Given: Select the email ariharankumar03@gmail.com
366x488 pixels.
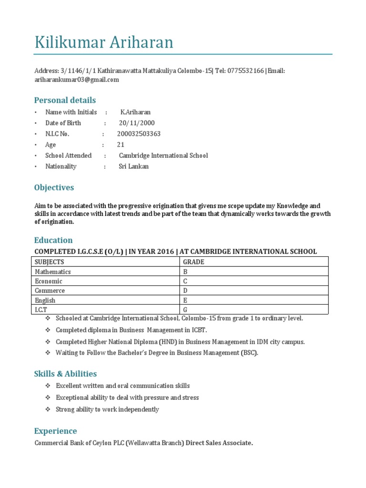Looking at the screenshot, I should pos(76,80).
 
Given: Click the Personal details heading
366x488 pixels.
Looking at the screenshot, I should pos(65,100).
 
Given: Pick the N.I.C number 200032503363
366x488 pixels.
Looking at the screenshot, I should pos(139,134).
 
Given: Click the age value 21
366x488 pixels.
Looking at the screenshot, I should pos(121,145).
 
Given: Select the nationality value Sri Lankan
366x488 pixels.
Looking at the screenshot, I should pos(133,166).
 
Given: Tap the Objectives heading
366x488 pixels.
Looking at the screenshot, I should pos(54,187).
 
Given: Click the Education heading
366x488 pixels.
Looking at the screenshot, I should pos(53,240).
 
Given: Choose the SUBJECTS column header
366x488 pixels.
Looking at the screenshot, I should pos(50,262).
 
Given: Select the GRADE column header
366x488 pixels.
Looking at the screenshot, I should pos(193,262).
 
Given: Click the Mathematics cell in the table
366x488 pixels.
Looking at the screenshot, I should pos(53,272).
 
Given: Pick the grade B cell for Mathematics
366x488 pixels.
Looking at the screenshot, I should pos(186,272).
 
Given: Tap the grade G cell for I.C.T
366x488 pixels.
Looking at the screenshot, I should pos(186,310).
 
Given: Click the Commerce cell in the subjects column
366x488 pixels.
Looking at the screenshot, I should pos(50,291).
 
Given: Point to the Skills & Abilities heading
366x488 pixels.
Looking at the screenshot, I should pos(65,374).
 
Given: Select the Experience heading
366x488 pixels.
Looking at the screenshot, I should pos(55,431).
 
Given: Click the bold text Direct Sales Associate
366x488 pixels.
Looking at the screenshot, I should pos(219,443).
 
